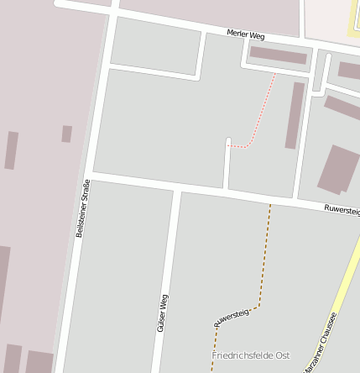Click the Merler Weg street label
pos(246,35)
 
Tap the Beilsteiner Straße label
pos(82,208)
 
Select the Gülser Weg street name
pos(162,313)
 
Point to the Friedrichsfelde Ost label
pos(250,356)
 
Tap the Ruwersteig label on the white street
pos(342,210)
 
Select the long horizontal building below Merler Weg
pos(279,55)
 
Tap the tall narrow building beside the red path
pos(295,115)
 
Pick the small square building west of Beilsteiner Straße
pos(66,134)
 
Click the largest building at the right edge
pos(338,168)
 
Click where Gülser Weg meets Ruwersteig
pos(177,190)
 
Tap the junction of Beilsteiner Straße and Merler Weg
pos(113,11)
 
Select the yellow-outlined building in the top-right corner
pos(355,18)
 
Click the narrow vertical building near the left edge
pos(11,150)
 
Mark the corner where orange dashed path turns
pos(258,306)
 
